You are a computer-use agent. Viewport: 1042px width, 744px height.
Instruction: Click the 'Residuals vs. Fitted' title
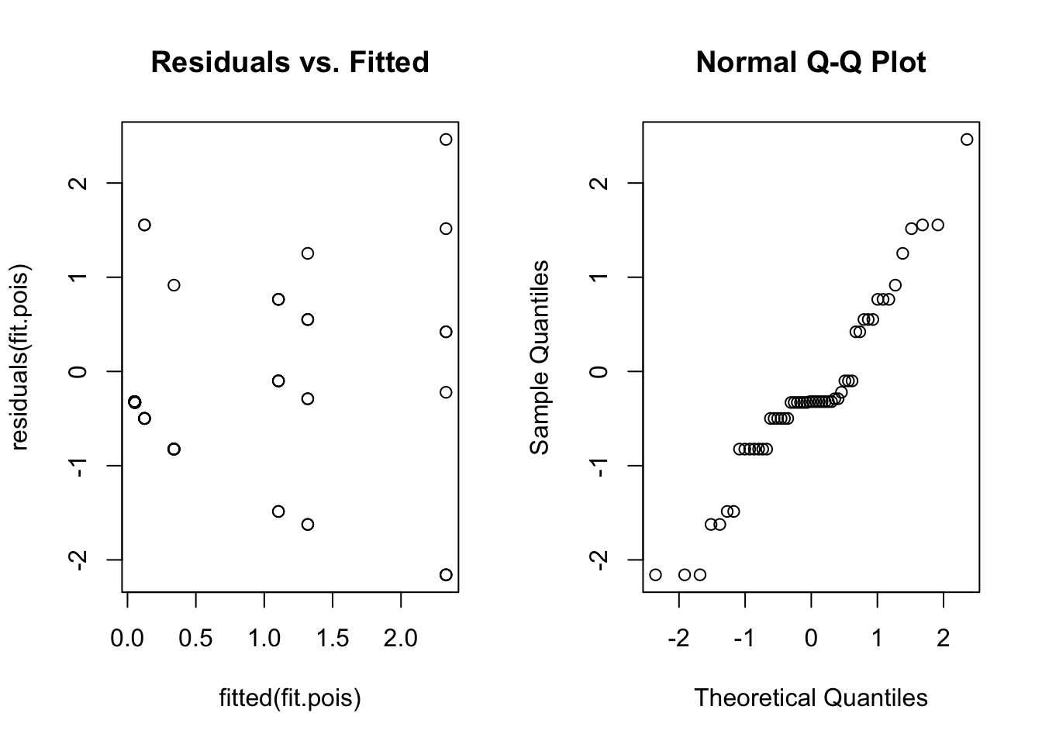[x=290, y=62]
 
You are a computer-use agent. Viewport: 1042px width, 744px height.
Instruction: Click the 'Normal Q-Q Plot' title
[x=810, y=62]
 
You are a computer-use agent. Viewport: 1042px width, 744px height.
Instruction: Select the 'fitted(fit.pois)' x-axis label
[x=290, y=698]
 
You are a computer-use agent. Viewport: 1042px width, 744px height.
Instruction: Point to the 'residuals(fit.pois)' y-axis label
[x=20, y=357]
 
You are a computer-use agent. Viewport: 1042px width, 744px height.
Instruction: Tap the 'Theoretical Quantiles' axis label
[x=810, y=697]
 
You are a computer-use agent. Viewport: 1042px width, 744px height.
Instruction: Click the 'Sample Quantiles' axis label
[x=540, y=357]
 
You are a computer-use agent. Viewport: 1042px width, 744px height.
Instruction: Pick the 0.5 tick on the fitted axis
[x=195, y=639]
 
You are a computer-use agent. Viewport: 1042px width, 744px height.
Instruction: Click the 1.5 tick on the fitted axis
[x=333, y=639]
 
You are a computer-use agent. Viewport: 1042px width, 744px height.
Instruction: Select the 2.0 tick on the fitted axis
[x=401, y=639]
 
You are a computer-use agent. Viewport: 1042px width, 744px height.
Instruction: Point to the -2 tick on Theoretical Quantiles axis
[x=678, y=639]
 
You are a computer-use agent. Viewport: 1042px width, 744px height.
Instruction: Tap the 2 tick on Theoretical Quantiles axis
[x=943, y=639]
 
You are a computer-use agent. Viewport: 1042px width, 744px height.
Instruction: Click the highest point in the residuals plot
[x=446, y=139]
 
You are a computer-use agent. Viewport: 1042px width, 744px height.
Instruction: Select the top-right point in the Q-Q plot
[x=967, y=139]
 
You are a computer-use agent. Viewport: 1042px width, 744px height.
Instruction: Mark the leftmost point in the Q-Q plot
[x=655, y=574]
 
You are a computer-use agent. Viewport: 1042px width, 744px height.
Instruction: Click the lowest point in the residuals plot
[x=446, y=574]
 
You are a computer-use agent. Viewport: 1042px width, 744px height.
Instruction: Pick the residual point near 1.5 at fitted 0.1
[x=144, y=225]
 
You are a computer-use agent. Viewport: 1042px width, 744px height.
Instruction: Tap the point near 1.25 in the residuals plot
[x=307, y=253]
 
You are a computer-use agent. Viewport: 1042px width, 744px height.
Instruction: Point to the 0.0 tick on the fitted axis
[x=127, y=639]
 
